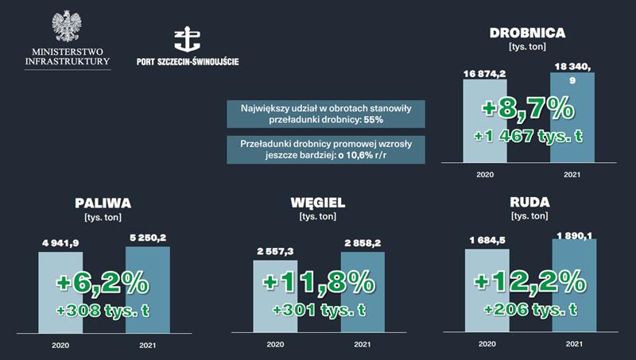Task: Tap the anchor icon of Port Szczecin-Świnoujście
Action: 187,40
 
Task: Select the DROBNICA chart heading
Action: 527,33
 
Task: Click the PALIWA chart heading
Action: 103,203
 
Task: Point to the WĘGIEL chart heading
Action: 318,203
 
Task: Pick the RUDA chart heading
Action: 529,203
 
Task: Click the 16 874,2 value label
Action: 484,73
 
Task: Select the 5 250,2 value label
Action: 147,237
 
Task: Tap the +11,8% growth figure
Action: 318,282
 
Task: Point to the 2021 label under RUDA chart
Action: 573,343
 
